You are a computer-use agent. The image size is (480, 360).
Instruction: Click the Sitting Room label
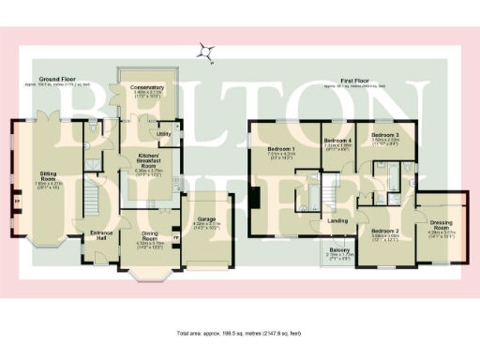(x=47, y=174)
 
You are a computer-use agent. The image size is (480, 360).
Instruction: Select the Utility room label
(x=163, y=134)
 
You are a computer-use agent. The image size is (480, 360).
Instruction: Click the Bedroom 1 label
(x=281, y=149)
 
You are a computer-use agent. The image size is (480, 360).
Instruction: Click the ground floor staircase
(x=92, y=196)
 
